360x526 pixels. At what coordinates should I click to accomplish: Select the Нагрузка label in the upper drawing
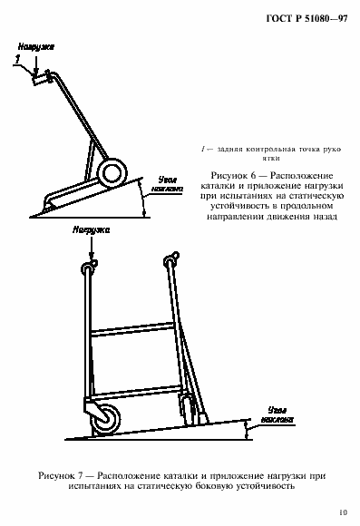[35, 43]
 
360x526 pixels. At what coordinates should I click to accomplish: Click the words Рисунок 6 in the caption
[234, 173]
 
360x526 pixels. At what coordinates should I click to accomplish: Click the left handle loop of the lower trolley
[88, 266]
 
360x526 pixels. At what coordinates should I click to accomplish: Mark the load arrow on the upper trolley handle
[34, 66]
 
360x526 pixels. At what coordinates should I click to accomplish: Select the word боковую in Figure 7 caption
[233, 485]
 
